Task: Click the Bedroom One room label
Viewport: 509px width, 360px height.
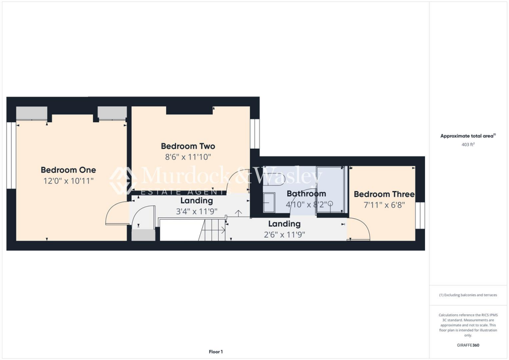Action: click(x=68, y=170)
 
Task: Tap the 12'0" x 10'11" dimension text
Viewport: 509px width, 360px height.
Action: click(x=68, y=181)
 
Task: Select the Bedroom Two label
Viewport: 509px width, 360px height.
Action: click(x=188, y=146)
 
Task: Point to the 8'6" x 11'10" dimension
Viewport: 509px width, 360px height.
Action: click(x=188, y=157)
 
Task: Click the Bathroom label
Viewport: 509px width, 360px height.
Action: click(x=306, y=194)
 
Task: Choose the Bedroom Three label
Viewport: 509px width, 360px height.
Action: click(x=384, y=194)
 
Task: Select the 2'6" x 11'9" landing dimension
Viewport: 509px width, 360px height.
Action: click(x=284, y=235)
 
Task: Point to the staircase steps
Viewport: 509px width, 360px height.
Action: click(x=212, y=231)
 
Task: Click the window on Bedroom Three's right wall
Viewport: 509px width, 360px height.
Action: click(x=420, y=215)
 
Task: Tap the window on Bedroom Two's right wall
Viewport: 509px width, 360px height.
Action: click(x=254, y=134)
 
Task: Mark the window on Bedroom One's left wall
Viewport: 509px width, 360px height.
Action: click(x=11, y=155)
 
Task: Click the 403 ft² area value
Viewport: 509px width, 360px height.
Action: click(x=468, y=145)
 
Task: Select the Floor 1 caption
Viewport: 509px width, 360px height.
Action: click(x=215, y=352)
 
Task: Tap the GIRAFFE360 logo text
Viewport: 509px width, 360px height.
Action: click(x=469, y=345)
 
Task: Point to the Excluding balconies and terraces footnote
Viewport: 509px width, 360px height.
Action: click(x=468, y=295)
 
